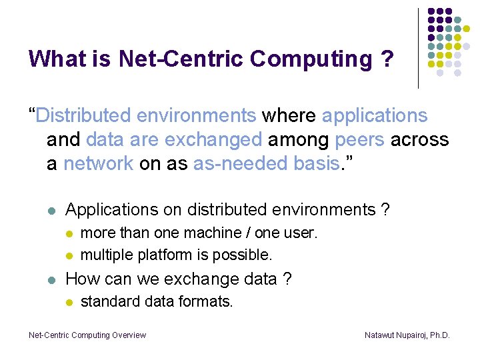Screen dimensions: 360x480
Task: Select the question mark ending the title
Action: click(387, 59)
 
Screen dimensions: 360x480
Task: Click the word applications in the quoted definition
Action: click(375, 115)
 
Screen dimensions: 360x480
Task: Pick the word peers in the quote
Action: click(361, 139)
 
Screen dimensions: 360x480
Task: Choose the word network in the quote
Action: click(99, 163)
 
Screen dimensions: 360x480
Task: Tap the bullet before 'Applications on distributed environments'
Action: click(52, 210)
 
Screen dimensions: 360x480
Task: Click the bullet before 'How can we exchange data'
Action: click(52, 279)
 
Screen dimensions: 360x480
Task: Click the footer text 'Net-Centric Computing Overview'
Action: click(87, 335)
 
